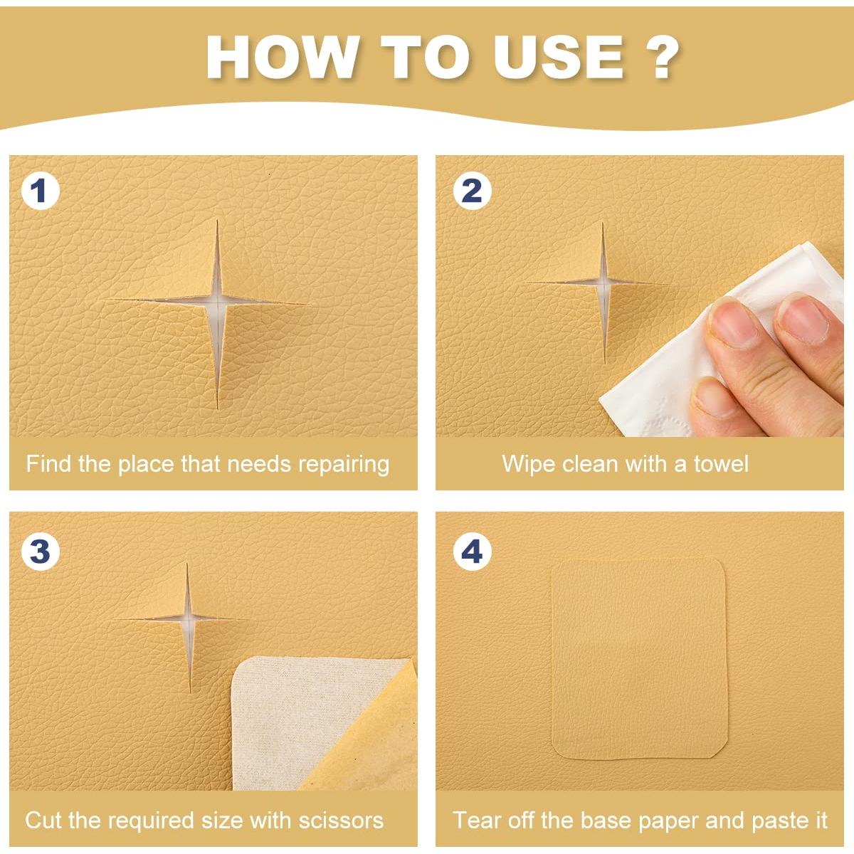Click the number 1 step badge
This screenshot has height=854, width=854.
tap(41, 191)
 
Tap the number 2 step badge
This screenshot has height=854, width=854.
tap(472, 191)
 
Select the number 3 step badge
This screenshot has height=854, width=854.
tap(41, 552)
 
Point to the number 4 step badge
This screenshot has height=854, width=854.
tap(472, 552)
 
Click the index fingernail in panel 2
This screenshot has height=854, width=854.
tap(729, 321)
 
